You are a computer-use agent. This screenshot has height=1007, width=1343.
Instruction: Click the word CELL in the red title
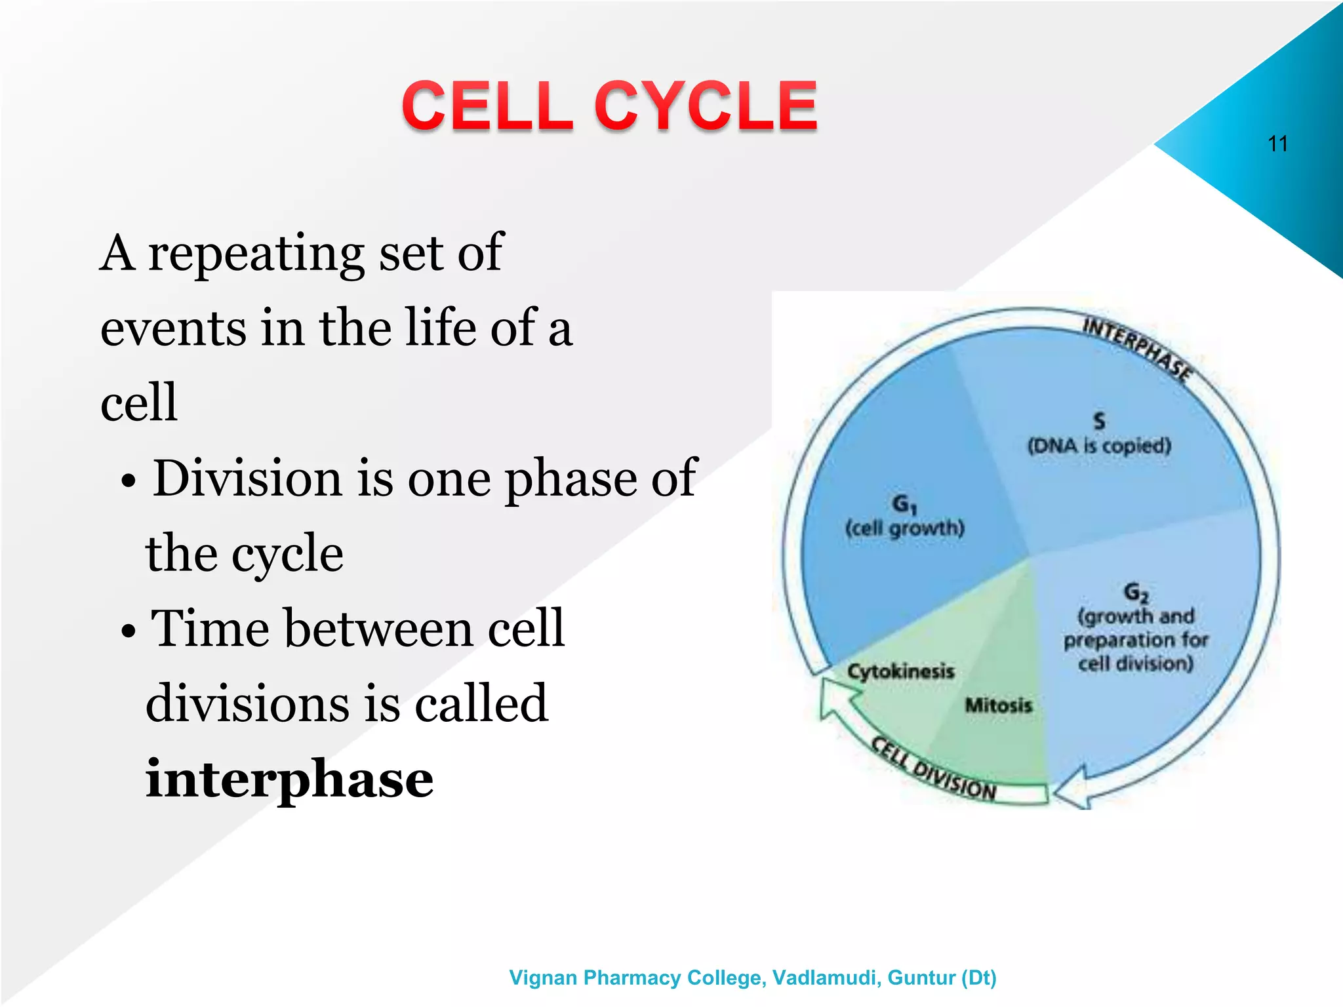pyautogui.click(x=487, y=106)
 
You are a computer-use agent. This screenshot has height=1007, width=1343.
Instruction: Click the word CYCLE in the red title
pyautogui.click(x=706, y=106)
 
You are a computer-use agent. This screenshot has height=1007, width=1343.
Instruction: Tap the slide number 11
pyautogui.click(x=1277, y=144)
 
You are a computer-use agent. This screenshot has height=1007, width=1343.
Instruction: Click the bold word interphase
pyautogui.click(x=289, y=778)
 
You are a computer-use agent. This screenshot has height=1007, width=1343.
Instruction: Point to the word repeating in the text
pyautogui.click(x=256, y=253)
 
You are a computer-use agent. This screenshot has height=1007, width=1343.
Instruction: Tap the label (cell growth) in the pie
pyautogui.click(x=905, y=528)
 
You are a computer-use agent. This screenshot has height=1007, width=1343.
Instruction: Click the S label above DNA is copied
pyautogui.click(x=1099, y=421)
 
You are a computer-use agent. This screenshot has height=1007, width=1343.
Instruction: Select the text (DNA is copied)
pyautogui.click(x=1099, y=446)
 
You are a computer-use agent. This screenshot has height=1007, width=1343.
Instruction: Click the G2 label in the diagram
pyautogui.click(x=1136, y=592)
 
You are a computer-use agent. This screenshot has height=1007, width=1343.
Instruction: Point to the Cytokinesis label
pyautogui.click(x=900, y=671)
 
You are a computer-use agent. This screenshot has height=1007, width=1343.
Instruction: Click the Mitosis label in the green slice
pyautogui.click(x=998, y=705)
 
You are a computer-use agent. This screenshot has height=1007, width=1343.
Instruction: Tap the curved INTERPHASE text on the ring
pyautogui.click(x=1137, y=348)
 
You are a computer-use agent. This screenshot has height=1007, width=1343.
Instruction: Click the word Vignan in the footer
pyautogui.click(x=543, y=977)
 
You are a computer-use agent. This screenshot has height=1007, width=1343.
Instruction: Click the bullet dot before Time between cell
pyautogui.click(x=129, y=631)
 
